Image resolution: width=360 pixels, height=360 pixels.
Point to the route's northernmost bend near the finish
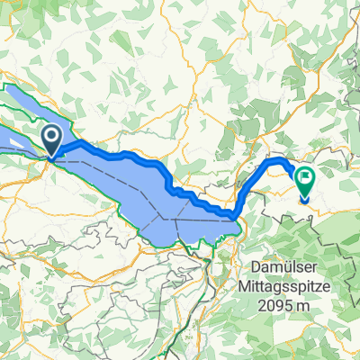pos(281,159)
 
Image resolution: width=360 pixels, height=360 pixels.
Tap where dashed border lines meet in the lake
pos(165,218)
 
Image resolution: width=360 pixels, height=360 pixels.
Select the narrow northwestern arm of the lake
pos(22,103)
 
